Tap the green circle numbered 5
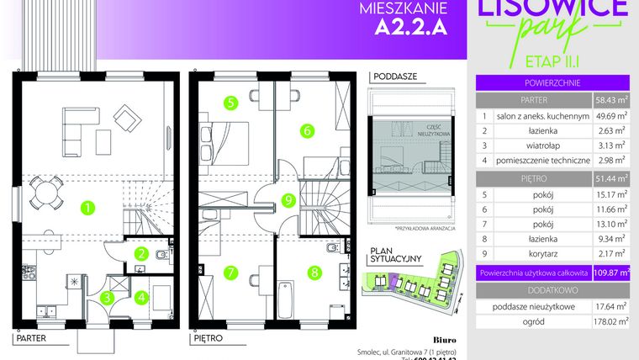pos(230,103)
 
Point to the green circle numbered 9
pos(288,200)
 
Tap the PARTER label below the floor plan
pos(29,340)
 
